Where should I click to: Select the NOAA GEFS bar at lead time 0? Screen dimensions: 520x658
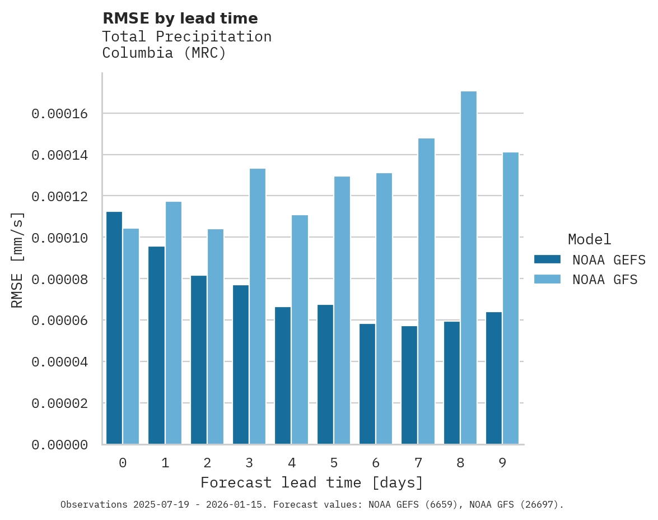[x=114, y=328]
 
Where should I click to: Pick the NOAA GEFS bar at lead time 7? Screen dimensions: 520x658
[x=409, y=385]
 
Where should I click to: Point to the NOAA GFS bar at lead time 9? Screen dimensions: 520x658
[x=511, y=298]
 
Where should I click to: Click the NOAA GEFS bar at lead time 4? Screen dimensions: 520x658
[x=283, y=375]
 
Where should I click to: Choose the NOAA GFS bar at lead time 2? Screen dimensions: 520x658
[x=216, y=337]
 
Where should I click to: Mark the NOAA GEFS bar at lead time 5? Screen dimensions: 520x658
[x=325, y=374]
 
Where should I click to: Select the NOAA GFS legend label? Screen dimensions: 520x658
[x=605, y=279]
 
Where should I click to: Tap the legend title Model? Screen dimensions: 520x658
[x=589, y=239]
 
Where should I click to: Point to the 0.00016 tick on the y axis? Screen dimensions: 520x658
[x=59, y=114]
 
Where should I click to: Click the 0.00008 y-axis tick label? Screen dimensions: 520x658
[x=59, y=279]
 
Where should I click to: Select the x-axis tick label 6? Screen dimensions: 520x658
[x=376, y=463]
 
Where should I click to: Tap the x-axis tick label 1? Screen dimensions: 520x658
[x=165, y=463]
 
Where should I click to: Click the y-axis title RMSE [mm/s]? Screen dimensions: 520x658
[x=17, y=260]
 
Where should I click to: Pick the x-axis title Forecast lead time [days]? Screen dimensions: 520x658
[x=312, y=482]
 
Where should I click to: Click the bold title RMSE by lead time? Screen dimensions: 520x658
[x=180, y=18]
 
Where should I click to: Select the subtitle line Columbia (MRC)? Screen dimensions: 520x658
[x=164, y=53]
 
